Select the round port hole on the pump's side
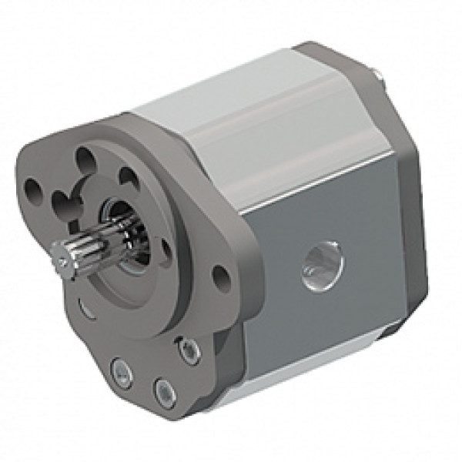pos(323,266)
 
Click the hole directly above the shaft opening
pos(127,179)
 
